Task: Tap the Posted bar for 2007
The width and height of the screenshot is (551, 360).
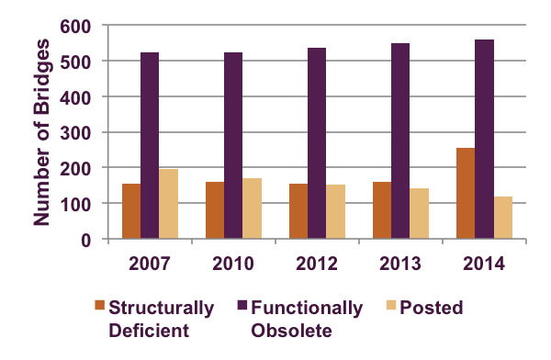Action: pyautogui.click(x=168, y=204)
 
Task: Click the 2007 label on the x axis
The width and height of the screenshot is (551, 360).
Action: pyautogui.click(x=150, y=261)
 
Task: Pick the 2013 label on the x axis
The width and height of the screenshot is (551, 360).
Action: pyautogui.click(x=400, y=261)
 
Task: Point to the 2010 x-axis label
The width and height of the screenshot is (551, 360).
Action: pyautogui.click(x=233, y=261)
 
